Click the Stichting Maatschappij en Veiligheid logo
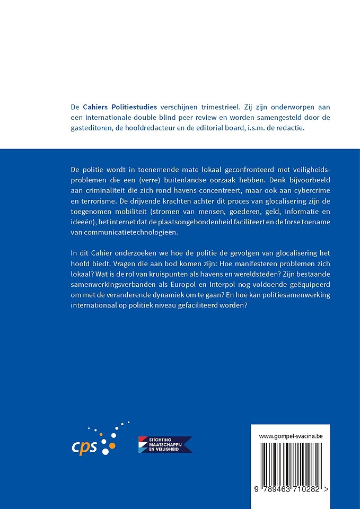tap(165, 444)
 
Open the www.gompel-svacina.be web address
tap(291, 436)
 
